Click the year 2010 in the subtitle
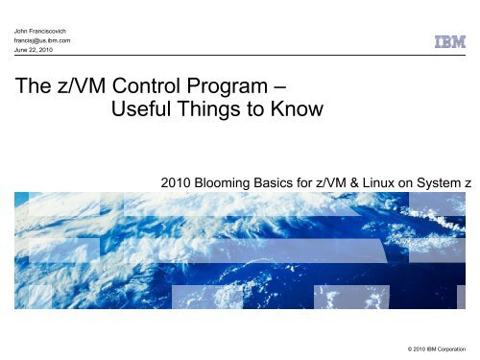pyautogui.click(x=183, y=180)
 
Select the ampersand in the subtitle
pyautogui.click(x=363, y=180)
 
